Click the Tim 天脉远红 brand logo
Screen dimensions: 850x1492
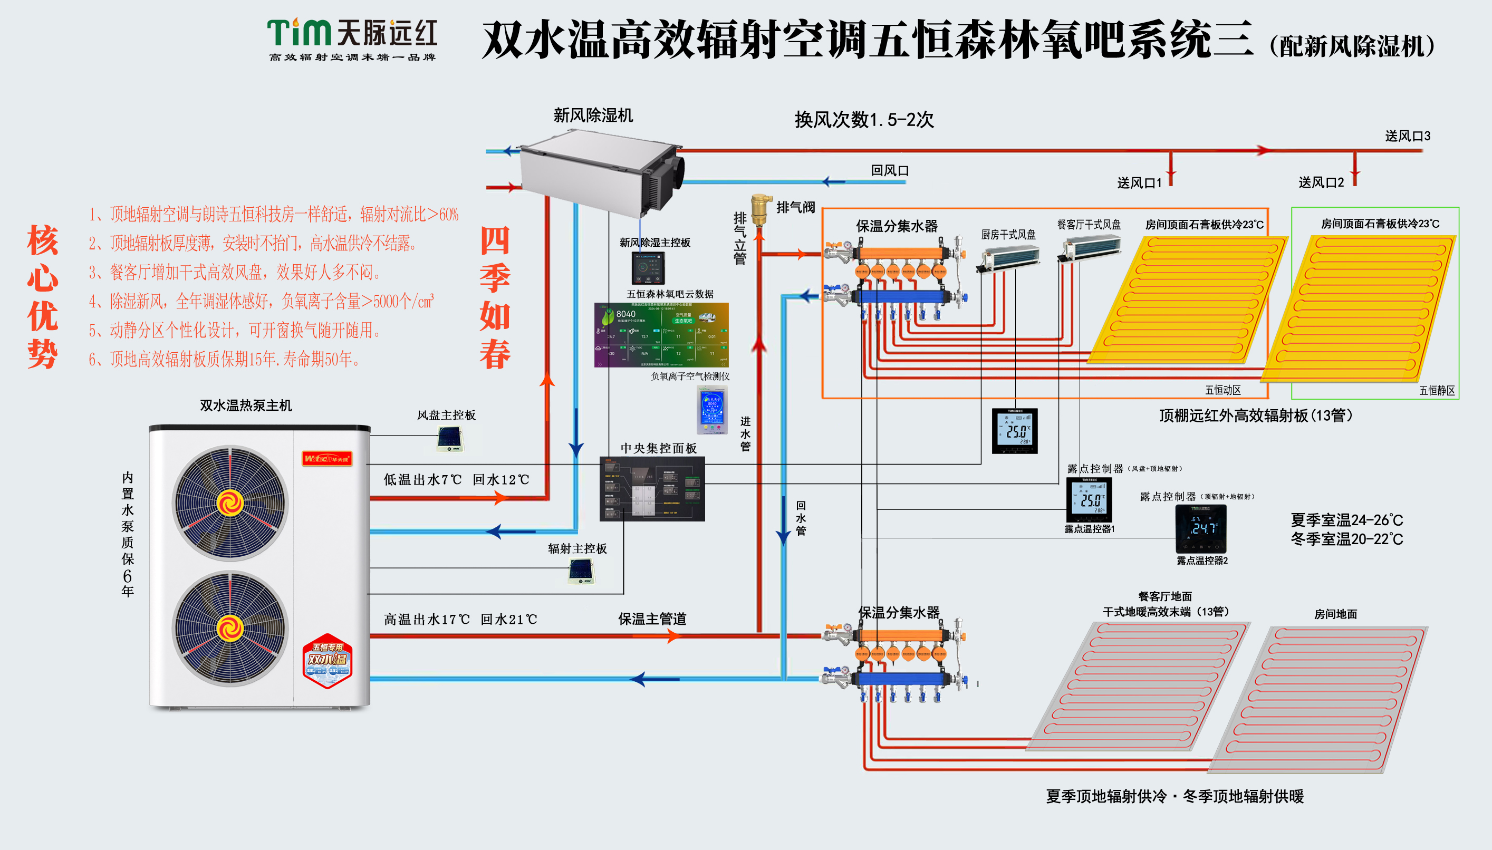click(352, 38)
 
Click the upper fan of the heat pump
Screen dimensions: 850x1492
click(230, 503)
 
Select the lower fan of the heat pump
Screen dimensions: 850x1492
click(230, 628)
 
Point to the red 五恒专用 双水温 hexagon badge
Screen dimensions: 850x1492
click(328, 661)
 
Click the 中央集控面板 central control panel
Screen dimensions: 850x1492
click(652, 489)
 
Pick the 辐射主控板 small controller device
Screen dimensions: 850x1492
click(581, 571)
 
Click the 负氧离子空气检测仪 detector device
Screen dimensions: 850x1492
click(712, 409)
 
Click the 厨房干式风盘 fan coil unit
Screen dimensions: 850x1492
click(1008, 258)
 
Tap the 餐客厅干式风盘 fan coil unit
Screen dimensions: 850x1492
click(1090, 247)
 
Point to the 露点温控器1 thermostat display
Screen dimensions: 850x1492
click(1089, 499)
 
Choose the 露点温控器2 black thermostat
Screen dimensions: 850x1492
click(1200, 528)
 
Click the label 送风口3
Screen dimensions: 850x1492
click(1408, 136)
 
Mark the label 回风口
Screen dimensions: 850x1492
click(890, 170)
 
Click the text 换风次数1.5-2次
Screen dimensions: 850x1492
click(863, 120)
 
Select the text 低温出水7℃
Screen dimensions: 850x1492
click(422, 480)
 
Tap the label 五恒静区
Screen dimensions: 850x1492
click(1437, 391)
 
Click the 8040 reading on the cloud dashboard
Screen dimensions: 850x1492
click(625, 314)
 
